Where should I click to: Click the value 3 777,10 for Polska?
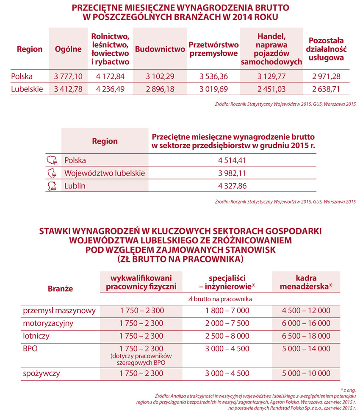point(68,76)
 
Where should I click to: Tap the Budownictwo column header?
point(160,49)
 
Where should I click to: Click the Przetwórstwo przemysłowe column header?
point(213,49)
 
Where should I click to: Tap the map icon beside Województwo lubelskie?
point(52,173)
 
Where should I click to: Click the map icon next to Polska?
point(52,160)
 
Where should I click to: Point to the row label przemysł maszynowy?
point(59,310)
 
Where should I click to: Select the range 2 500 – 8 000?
point(227,336)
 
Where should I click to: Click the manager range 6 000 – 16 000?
point(306,323)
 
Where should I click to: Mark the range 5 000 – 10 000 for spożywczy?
point(306,373)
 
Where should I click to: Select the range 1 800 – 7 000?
point(227,310)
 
